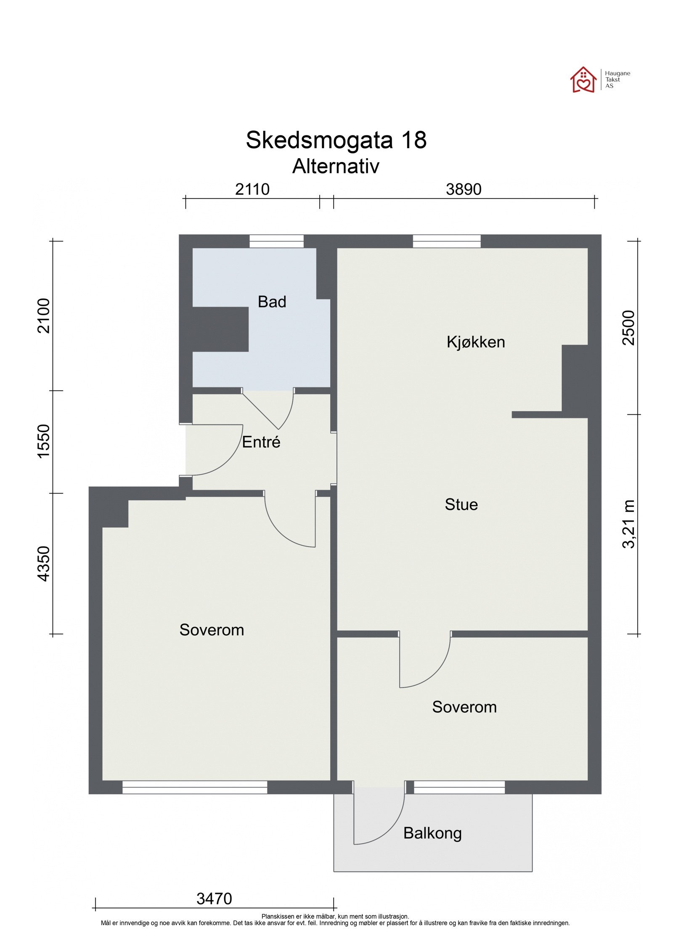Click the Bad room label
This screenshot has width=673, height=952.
pyautogui.click(x=272, y=302)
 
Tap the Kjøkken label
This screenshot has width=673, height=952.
pyautogui.click(x=475, y=342)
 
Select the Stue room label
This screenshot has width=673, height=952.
pyautogui.click(x=461, y=504)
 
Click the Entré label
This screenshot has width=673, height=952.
pyautogui.click(x=261, y=442)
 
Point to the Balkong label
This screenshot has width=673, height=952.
pyautogui.click(x=432, y=833)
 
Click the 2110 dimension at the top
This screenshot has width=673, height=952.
pyautogui.click(x=252, y=189)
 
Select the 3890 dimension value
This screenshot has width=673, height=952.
pyautogui.click(x=463, y=189)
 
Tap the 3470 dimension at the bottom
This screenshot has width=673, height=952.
pyautogui.click(x=214, y=899)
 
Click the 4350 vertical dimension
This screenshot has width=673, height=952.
pyautogui.click(x=44, y=564)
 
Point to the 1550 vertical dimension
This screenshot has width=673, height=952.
pyautogui.click(x=44, y=441)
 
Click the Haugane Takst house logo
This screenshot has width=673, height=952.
pyautogui.click(x=583, y=80)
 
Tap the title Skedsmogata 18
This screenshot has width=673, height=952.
pyautogui.click(x=336, y=140)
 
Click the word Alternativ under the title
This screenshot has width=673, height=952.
pyautogui.click(x=336, y=166)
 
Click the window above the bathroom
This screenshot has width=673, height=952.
pyautogui.click(x=276, y=241)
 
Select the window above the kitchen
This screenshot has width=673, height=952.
pyautogui.click(x=446, y=241)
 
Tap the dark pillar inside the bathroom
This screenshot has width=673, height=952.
pyautogui.click(x=220, y=329)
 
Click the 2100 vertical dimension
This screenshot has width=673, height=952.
pyautogui.click(x=44, y=316)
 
